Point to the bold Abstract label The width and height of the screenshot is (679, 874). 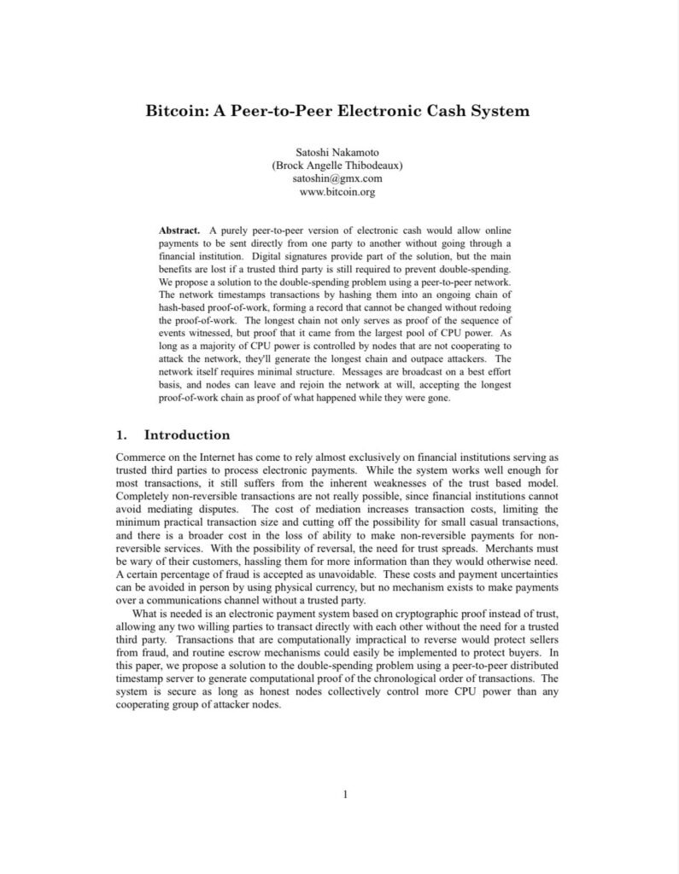coord(179,231)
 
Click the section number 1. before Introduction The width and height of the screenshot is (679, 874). coord(121,435)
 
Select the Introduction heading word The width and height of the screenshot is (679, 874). coord(187,435)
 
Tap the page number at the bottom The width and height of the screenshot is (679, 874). coord(345,795)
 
